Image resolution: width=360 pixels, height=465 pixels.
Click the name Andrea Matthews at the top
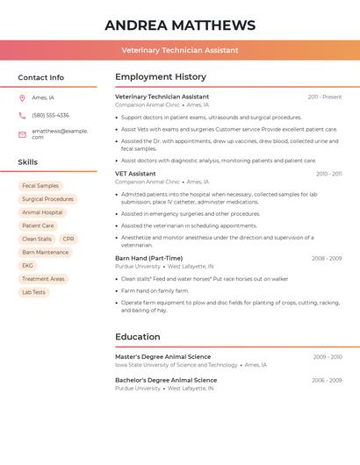click(x=180, y=25)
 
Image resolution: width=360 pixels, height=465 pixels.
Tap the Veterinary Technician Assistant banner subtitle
click(x=180, y=50)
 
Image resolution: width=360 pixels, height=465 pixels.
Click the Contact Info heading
click(x=40, y=77)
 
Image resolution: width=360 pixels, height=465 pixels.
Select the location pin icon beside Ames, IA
click(x=22, y=97)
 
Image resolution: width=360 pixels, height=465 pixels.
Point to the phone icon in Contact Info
click(x=22, y=115)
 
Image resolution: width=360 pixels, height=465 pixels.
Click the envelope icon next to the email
click(x=22, y=134)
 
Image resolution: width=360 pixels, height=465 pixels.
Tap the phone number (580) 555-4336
click(x=50, y=115)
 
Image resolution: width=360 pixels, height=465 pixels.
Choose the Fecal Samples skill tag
click(x=40, y=186)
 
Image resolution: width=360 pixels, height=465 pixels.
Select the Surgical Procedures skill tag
click(x=47, y=199)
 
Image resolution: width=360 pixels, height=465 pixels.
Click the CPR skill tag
click(x=68, y=239)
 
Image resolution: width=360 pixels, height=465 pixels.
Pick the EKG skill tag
click(x=28, y=266)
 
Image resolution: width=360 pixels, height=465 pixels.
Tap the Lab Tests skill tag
click(x=33, y=292)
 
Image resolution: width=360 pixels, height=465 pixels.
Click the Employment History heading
click(x=161, y=77)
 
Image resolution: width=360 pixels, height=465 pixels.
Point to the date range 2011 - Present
click(x=325, y=97)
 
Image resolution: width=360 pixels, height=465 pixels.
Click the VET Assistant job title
click(x=135, y=174)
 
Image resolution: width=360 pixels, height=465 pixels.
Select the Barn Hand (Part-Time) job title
click(x=148, y=258)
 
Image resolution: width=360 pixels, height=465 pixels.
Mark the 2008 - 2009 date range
click(x=327, y=259)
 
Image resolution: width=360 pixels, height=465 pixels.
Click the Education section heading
click(x=138, y=337)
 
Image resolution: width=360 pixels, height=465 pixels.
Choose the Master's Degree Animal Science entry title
click(x=162, y=357)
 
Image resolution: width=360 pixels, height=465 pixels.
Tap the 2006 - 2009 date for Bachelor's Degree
click(x=327, y=381)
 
